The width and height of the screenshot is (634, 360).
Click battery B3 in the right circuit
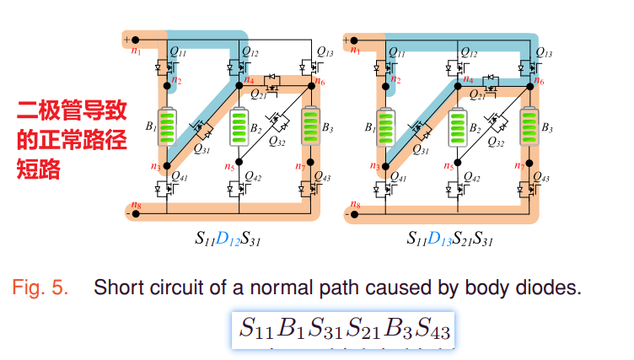tap(529, 127)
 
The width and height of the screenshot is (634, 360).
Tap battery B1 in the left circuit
tap(167, 128)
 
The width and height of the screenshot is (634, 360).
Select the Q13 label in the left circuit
tap(328, 52)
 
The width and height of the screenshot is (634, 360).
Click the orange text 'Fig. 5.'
tap(40, 287)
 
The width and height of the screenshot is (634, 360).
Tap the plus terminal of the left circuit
tap(128, 39)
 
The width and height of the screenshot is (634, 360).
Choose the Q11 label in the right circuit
tap(399, 52)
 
